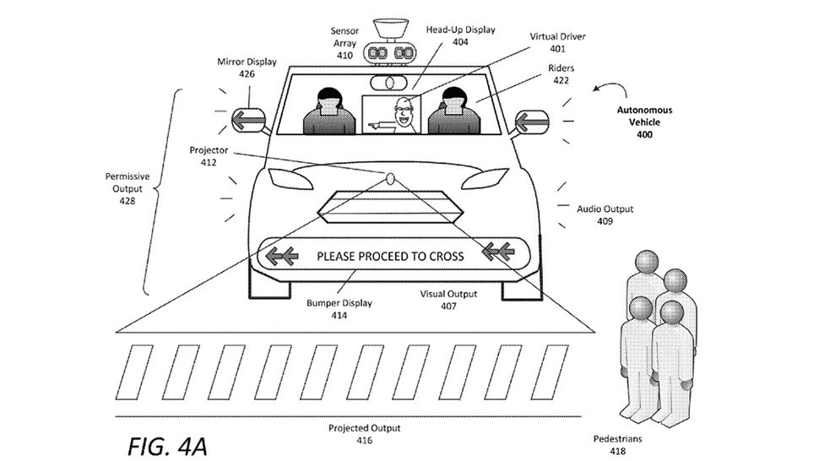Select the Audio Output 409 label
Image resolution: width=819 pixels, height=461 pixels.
pyautogui.click(x=605, y=214)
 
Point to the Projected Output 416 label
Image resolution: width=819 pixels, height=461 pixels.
pyautogui.click(x=364, y=434)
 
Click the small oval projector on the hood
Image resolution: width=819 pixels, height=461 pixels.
pyautogui.click(x=390, y=177)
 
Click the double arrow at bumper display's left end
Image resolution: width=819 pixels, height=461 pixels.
pyautogui.click(x=283, y=254)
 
